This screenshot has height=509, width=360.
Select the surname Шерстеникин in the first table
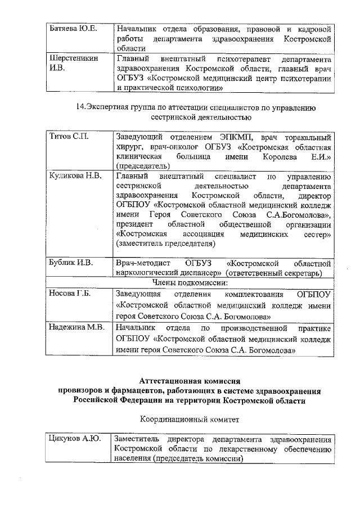73,58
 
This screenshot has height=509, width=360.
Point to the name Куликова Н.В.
75,176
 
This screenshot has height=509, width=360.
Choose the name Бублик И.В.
71,263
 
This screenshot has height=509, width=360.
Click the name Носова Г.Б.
70,294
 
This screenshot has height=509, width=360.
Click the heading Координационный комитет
190,419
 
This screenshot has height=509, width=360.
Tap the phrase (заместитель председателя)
165,244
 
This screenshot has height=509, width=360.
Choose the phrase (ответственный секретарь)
274,273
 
